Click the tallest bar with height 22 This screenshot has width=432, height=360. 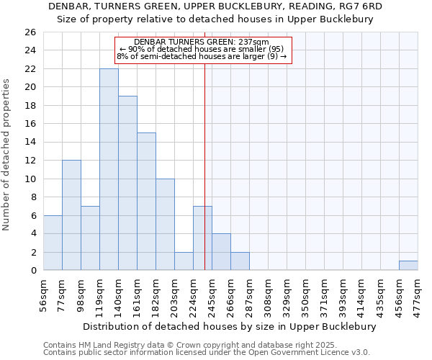109,169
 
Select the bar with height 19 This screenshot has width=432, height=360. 127,183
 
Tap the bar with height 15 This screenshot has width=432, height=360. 146,202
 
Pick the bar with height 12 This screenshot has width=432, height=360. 71,215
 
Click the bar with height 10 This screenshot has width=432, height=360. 165,225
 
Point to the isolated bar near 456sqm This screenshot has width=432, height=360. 408,266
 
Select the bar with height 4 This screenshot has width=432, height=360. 221,252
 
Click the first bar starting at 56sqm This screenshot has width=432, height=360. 53,243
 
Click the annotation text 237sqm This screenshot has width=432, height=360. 252,42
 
